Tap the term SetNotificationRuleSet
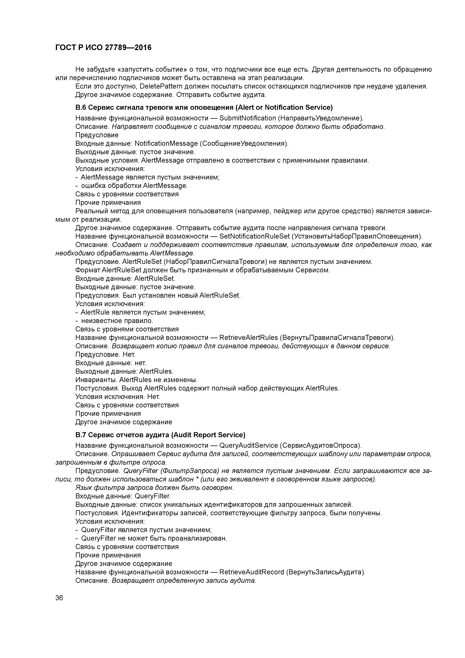click(254, 236)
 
